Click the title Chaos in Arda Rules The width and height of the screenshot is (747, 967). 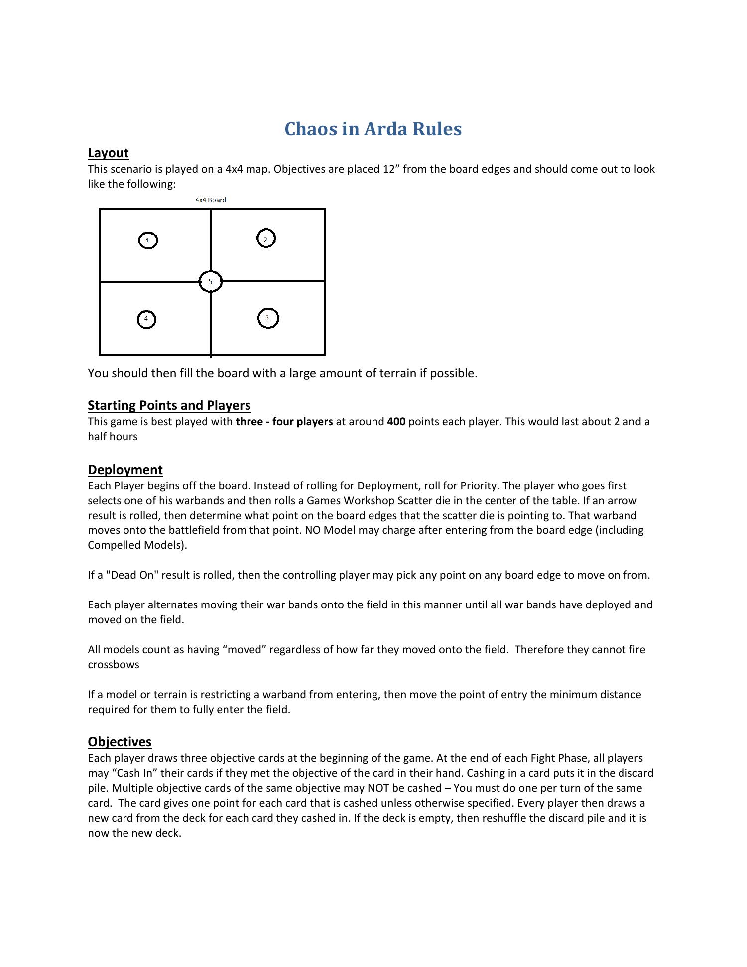(373, 129)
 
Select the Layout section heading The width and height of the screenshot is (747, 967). (108, 153)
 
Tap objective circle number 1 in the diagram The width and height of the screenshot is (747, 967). (147, 241)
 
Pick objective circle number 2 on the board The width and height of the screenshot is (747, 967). (266, 239)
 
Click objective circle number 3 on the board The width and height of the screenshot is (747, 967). (268, 318)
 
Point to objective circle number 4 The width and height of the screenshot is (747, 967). (146, 319)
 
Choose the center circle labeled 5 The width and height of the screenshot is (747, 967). (210, 282)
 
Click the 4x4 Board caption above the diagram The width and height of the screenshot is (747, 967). (211, 200)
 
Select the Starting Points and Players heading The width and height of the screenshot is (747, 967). (169, 405)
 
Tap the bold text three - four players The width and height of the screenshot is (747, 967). (284, 422)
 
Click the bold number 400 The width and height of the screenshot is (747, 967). (396, 422)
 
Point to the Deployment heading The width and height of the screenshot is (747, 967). (125, 470)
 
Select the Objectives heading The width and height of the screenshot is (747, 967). (120, 742)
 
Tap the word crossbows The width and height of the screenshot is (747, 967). (114, 665)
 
